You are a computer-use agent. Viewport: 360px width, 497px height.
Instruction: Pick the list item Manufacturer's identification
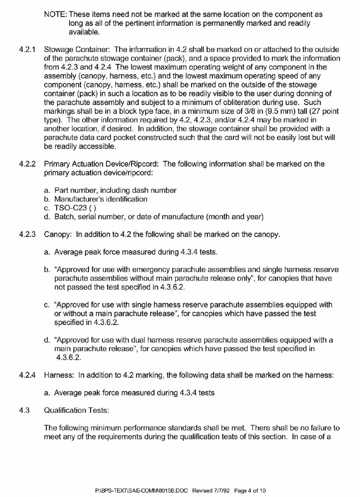pos(100,199)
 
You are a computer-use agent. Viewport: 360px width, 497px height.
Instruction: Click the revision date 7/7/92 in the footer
pos(220,490)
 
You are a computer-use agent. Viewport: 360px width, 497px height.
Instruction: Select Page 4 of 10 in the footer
pos(251,490)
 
